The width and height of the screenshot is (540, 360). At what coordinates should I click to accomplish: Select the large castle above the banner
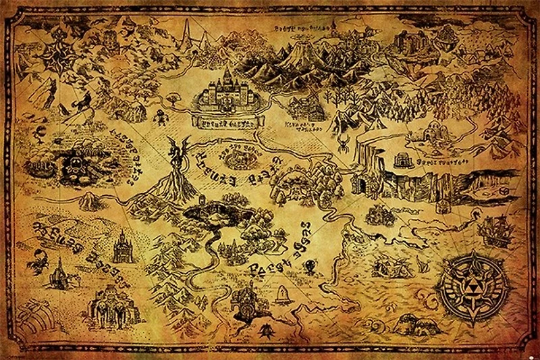(226, 95)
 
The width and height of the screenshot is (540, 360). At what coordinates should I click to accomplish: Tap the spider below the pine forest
(344, 144)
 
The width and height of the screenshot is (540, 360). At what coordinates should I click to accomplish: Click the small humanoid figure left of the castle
(160, 118)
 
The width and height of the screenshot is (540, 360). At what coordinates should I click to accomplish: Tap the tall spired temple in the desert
(122, 248)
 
